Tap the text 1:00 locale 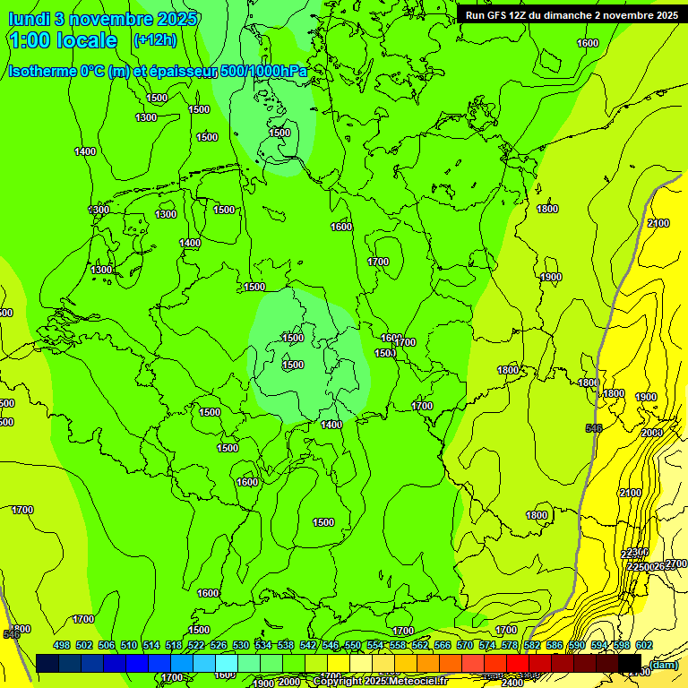[63, 40]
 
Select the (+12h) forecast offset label [155, 40]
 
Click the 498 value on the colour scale [62, 646]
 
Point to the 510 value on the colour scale [129, 646]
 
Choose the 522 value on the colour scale [196, 646]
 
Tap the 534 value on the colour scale [263, 646]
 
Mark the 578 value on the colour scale [510, 646]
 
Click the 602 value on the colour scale [644, 646]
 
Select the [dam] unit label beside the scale [664, 664]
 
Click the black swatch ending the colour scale [630, 663]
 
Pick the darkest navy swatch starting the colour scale [47, 663]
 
